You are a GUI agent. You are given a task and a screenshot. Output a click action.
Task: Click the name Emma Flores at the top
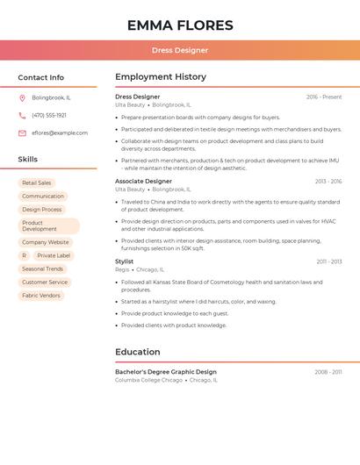coord(180,25)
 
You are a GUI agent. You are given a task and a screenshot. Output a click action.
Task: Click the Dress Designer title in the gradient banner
coord(180,50)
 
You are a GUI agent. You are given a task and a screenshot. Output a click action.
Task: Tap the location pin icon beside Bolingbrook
coord(22,97)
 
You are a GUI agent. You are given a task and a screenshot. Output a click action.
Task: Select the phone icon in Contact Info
coord(22,115)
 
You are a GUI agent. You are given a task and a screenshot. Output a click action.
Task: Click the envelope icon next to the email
coord(22,132)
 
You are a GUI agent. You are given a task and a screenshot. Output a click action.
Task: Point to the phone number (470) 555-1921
coord(49,115)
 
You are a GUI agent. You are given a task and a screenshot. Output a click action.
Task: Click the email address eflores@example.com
coord(60,132)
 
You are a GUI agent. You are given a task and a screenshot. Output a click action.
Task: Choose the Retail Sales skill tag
coord(37,182)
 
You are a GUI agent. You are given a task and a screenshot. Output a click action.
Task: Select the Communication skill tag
coord(43,196)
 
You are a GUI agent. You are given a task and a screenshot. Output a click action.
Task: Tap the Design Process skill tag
coord(42,210)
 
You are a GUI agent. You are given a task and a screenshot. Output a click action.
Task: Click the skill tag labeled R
coord(25,255)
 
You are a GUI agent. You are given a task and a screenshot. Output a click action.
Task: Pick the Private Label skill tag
coord(54,255)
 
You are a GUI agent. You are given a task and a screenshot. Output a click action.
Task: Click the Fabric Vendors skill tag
coord(41,296)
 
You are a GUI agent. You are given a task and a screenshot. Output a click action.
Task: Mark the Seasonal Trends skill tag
coord(43,268)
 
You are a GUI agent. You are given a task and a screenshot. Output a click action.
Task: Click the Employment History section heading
coord(161,77)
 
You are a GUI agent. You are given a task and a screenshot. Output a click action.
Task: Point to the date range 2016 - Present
coord(324,97)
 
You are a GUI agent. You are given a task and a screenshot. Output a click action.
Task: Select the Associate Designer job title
coord(143,181)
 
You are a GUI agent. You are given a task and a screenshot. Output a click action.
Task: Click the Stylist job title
coord(125,261)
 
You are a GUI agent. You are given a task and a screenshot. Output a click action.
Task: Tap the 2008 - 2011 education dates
coord(328,372)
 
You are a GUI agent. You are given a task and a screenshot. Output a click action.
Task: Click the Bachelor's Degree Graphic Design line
coord(166,372)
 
